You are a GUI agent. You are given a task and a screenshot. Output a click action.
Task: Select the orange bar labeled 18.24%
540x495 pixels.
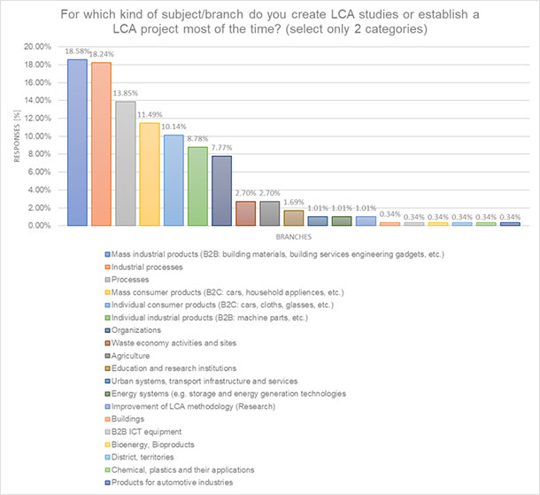pyautogui.click(x=101, y=144)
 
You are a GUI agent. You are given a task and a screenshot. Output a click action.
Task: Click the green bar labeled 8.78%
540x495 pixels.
pyautogui.click(x=197, y=187)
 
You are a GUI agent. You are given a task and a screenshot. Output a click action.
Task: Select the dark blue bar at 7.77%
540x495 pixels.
pyautogui.click(x=221, y=191)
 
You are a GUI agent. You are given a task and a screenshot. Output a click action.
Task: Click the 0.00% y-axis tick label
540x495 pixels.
pyautogui.click(x=38, y=226)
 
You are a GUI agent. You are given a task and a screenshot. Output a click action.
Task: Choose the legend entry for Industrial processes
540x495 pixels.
pyautogui.click(x=153, y=267)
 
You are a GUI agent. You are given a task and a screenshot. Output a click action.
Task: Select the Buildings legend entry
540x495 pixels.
pyautogui.click(x=136, y=419)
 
